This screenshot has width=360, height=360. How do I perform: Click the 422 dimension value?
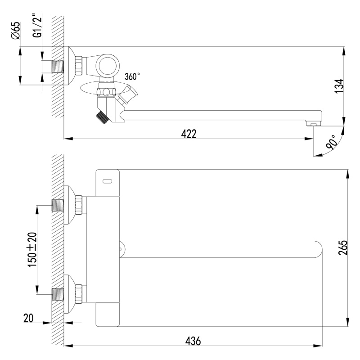click(189, 134)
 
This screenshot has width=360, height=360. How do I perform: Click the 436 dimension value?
click(193, 341)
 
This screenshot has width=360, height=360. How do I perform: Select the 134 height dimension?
click(340, 86)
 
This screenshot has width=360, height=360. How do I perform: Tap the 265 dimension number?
click(343, 247)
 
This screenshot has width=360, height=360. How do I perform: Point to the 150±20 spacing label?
click(32, 250)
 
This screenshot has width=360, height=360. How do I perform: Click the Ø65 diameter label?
click(16, 31)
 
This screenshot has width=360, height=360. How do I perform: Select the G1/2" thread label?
click(38, 25)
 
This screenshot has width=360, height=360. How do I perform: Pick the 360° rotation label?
click(132, 76)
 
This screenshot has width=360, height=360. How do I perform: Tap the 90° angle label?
click(331, 142)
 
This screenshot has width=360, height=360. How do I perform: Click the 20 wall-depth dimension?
click(28, 318)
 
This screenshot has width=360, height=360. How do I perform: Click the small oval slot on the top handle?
click(108, 181)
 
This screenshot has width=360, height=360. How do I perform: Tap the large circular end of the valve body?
click(108, 65)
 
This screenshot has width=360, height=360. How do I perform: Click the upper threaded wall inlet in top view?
click(58, 205)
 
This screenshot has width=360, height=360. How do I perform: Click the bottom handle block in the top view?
click(108, 314)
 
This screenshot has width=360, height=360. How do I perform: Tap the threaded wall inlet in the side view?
click(58, 67)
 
